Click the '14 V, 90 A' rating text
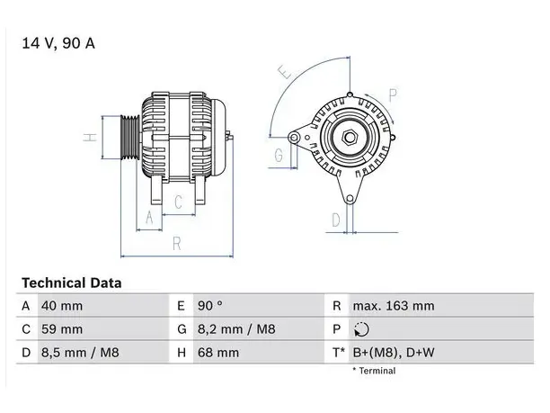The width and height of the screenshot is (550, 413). (58, 43)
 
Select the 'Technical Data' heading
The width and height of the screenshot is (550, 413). (72, 283)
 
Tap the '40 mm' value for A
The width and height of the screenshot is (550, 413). (62, 306)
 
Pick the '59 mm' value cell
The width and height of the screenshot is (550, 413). (62, 329)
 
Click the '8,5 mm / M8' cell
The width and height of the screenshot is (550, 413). (80, 353)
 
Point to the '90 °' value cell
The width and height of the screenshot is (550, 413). (209, 306)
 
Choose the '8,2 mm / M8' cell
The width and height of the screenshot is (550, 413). (236, 329)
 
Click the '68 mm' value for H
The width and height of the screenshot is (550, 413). (218, 353)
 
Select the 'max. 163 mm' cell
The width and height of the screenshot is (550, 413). (394, 306)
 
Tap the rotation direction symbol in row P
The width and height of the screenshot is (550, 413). (361, 329)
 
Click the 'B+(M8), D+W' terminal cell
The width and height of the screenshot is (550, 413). (394, 353)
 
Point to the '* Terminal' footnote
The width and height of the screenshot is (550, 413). (374, 371)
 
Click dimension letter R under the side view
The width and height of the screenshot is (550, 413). (177, 244)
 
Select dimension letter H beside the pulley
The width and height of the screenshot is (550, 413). (90, 137)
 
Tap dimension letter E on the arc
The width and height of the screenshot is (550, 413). (285, 72)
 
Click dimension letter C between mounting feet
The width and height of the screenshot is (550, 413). (178, 202)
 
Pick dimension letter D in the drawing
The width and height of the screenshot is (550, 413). (336, 220)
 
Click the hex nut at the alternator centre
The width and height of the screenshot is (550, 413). (350, 137)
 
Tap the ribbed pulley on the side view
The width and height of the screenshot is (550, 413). (130, 138)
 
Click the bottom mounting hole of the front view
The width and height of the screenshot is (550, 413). (350, 199)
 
